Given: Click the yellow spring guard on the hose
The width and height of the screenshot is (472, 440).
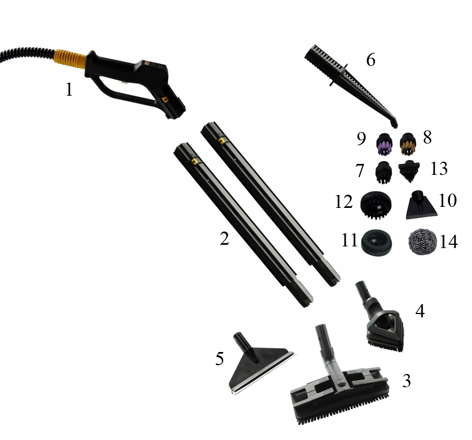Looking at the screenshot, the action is pos(70,59).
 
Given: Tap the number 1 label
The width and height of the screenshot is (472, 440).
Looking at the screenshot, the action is pos(69,90).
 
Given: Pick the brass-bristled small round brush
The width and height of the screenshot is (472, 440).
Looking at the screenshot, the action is pos(408,144).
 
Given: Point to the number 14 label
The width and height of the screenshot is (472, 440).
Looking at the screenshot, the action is pos(449,241).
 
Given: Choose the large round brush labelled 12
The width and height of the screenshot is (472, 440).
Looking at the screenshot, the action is pos(376,205).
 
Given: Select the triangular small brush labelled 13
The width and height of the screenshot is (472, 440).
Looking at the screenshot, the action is pos(409,171).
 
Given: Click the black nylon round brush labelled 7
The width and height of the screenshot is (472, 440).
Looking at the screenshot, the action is pos(384,172).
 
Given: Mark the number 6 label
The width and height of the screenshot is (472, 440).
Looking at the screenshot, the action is pos(371,59).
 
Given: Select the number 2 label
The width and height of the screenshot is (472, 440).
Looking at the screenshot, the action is pos(224,239).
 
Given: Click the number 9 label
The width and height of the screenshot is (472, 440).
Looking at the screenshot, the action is pos(362,139).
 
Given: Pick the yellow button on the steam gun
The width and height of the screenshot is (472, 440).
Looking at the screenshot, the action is pos(164,99).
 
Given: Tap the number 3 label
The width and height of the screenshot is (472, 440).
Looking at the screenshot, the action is pos(407,381).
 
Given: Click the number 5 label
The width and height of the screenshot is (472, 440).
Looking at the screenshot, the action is pos(219,359).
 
